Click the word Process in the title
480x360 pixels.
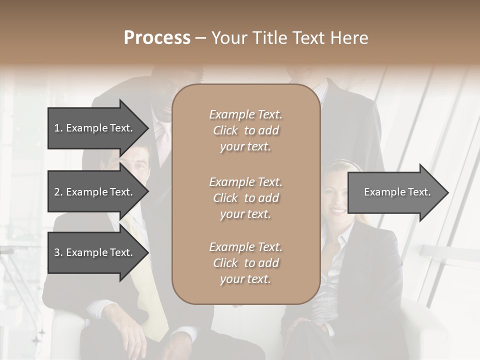point(157,38)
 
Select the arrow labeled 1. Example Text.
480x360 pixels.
point(95,128)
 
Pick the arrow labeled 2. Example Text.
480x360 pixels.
point(95,192)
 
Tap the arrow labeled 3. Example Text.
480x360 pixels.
point(95,252)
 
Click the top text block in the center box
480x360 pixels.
point(245,130)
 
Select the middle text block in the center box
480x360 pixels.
point(245,197)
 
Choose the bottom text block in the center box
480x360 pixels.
point(245,262)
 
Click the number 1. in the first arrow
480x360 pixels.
point(58,128)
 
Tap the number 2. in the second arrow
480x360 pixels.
point(58,192)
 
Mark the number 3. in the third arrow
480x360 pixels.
point(58,252)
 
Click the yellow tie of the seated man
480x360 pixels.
point(150,280)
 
